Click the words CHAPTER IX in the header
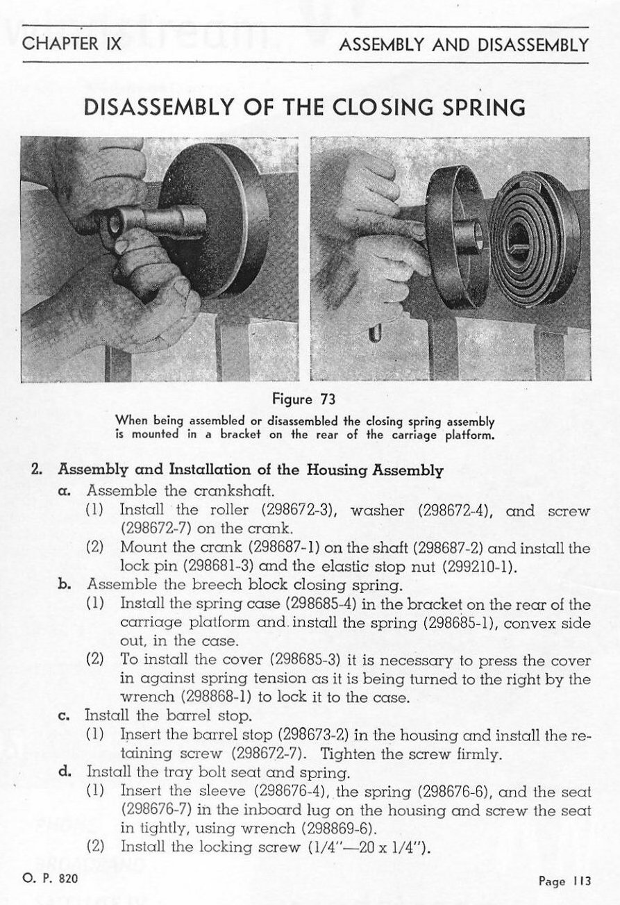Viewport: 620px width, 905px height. (x=72, y=44)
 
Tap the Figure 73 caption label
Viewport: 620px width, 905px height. (x=303, y=399)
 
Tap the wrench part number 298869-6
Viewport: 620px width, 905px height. (x=339, y=828)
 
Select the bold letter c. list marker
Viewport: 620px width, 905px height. (x=64, y=715)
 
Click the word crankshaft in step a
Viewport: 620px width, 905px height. (x=234, y=491)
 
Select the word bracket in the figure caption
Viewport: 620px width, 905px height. (x=240, y=434)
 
